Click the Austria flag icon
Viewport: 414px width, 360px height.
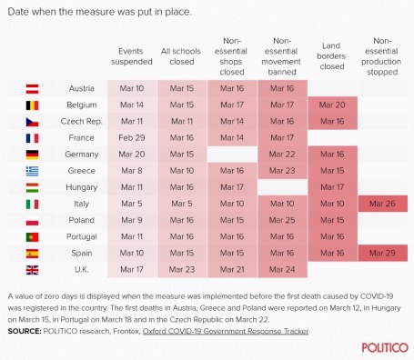[x=31, y=89]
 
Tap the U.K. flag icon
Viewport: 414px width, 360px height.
[x=31, y=270]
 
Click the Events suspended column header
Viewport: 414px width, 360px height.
[x=132, y=56]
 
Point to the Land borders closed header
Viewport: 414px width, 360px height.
[x=332, y=56]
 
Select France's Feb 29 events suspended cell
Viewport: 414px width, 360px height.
[x=132, y=138]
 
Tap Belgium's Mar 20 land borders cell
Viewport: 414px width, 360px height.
[x=332, y=105]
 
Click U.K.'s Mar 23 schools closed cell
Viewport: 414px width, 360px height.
[x=182, y=270]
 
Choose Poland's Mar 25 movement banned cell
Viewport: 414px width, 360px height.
[x=282, y=220]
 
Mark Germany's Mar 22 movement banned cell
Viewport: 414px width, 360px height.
[x=282, y=155]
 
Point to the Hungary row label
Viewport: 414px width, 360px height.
[x=80, y=187]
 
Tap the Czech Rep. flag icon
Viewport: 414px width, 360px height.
[x=31, y=122]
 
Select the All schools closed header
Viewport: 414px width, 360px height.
[x=182, y=56]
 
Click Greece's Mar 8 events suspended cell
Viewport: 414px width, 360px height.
[x=132, y=171]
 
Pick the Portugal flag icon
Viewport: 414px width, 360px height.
[x=31, y=236]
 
